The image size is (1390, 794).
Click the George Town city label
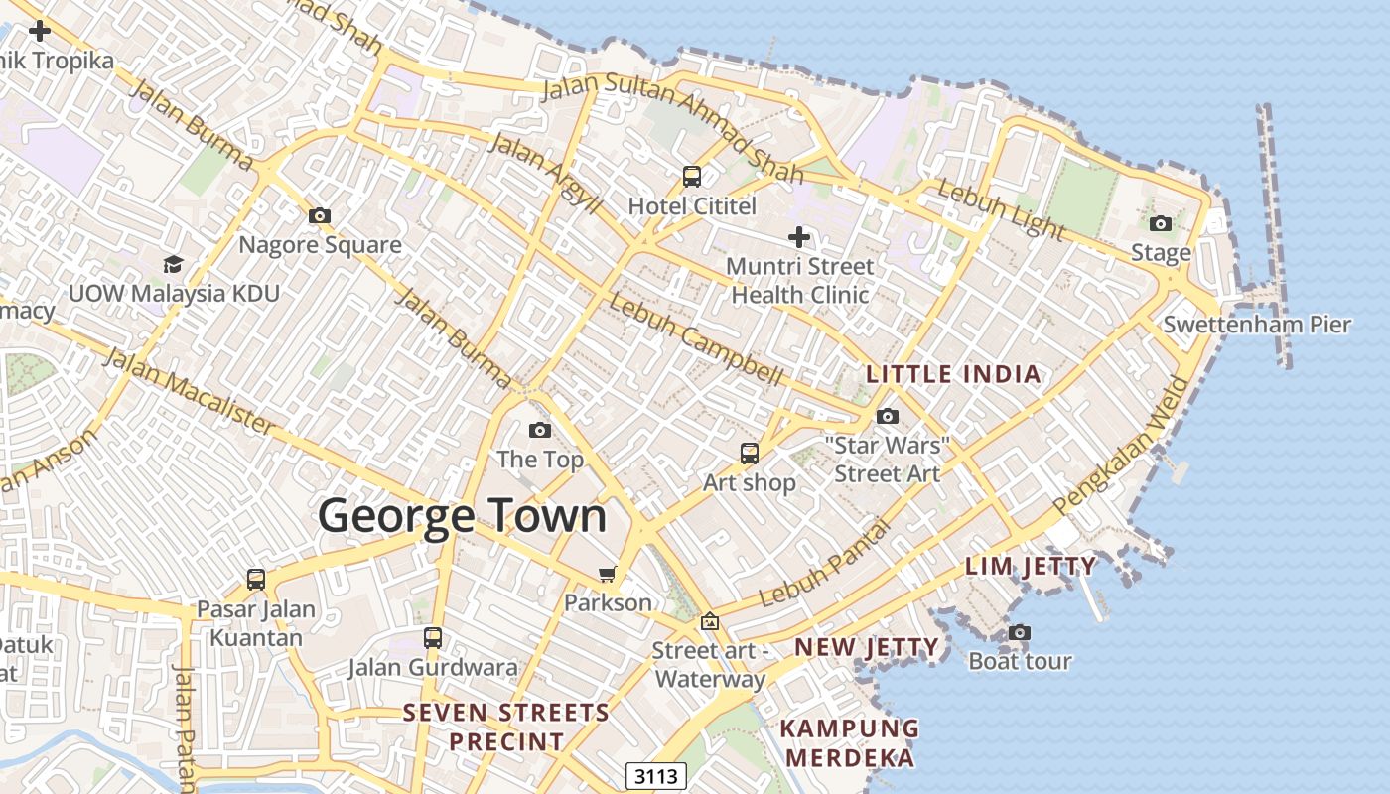[x=462, y=516]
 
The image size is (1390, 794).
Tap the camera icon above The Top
[x=540, y=430]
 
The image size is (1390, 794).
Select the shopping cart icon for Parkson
[x=608, y=574]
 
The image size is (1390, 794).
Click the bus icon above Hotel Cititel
[x=692, y=177]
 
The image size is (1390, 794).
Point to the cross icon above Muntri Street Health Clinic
[x=799, y=237]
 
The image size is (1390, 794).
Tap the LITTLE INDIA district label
[x=953, y=374]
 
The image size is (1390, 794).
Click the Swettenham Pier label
[x=1257, y=325]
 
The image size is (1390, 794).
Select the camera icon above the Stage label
[x=1161, y=223]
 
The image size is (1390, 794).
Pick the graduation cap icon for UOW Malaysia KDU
[x=174, y=264]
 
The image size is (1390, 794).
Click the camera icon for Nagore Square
[x=320, y=215]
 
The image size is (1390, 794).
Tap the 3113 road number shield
[x=657, y=775]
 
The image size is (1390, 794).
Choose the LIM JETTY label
[x=1031, y=567]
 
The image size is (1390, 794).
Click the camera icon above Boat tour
[x=1020, y=632]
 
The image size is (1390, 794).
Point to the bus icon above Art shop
[x=750, y=454]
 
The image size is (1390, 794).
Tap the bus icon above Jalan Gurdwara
[x=433, y=638]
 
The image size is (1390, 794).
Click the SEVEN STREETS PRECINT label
[x=506, y=727]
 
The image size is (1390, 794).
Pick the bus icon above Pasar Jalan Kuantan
[x=256, y=580]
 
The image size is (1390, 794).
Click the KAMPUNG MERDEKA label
[x=850, y=742]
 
